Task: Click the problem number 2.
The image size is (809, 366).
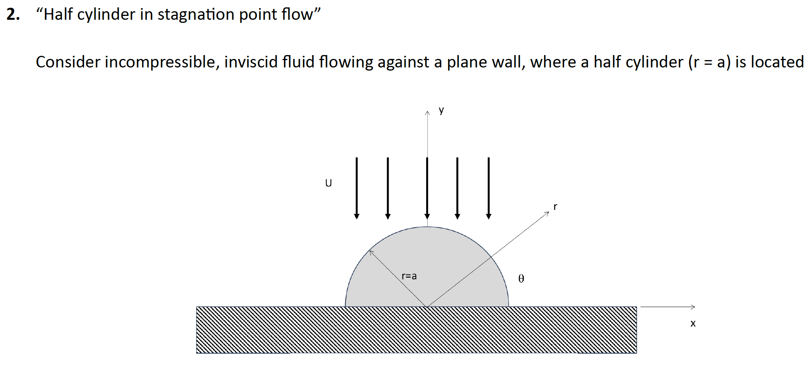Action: point(13,15)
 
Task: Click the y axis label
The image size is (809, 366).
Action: point(441,110)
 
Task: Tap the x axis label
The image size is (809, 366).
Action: point(693,323)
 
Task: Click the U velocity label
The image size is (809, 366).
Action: point(328,183)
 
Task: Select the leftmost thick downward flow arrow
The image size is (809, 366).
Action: point(357,188)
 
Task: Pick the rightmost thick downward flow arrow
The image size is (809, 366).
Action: point(488,188)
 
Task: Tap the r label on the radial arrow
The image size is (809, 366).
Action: point(555,207)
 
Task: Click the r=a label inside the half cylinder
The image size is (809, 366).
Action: point(409,276)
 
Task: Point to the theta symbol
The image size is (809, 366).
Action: point(521,278)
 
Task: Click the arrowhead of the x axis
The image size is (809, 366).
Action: point(693,307)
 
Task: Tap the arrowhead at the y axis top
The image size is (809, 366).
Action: point(427,113)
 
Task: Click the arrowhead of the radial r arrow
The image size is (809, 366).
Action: point(547,213)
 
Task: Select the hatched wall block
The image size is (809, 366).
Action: point(416,330)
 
